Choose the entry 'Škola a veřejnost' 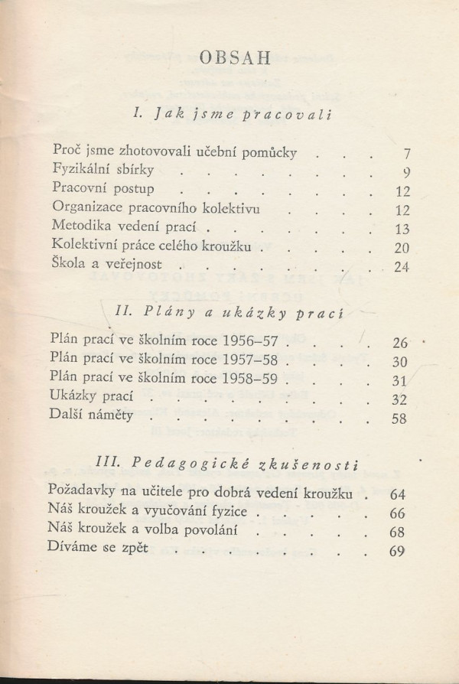click(106, 266)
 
